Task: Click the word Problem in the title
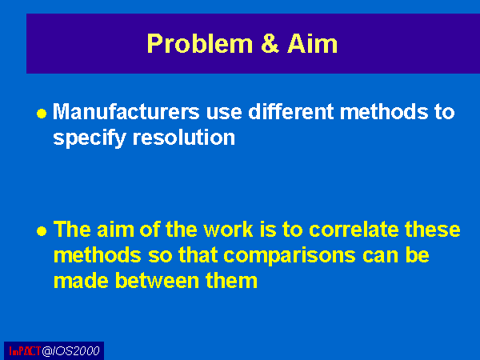(199, 45)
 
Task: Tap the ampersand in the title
(270, 43)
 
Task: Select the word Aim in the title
(312, 43)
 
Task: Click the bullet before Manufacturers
(42, 114)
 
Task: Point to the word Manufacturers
(126, 112)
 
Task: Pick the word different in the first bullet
(291, 111)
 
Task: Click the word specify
(90, 138)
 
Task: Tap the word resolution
(184, 138)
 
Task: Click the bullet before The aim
(42, 231)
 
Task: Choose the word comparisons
(290, 256)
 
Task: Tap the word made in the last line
(81, 281)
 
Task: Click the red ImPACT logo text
(25, 351)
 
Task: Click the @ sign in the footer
(47, 351)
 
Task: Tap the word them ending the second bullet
(231, 281)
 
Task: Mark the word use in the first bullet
(224, 112)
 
